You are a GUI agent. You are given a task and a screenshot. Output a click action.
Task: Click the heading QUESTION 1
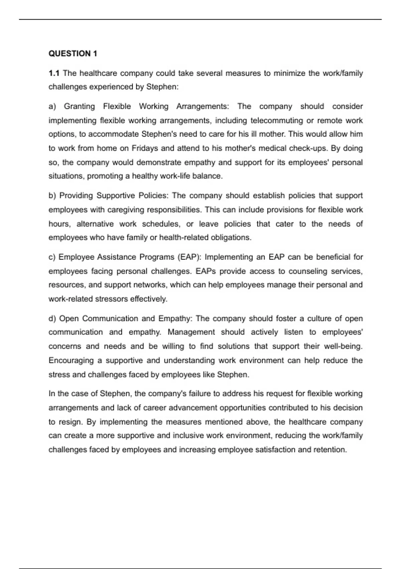tap(73, 54)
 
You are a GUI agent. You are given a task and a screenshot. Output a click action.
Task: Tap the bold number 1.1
tap(54, 73)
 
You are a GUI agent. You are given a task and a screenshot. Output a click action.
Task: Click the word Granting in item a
tap(79, 106)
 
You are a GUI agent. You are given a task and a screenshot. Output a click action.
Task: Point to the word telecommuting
tap(276, 120)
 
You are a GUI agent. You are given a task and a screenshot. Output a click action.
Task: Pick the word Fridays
tap(145, 148)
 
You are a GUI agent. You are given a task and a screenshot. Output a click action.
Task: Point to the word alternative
tap(95, 224)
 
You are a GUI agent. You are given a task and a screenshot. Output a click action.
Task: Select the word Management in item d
tap(191, 332)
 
